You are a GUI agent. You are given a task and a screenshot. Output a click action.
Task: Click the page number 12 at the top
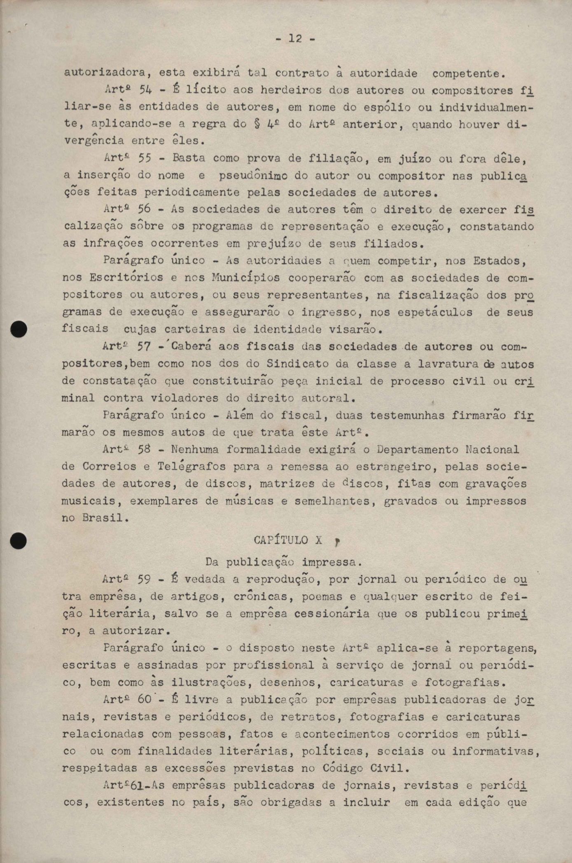(295, 39)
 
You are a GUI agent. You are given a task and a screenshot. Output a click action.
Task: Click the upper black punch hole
(19, 329)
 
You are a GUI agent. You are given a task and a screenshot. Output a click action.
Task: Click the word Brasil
(103, 518)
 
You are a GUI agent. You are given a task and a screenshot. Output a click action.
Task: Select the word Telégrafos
(191, 467)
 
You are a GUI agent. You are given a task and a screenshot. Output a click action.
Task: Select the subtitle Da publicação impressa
(284, 562)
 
